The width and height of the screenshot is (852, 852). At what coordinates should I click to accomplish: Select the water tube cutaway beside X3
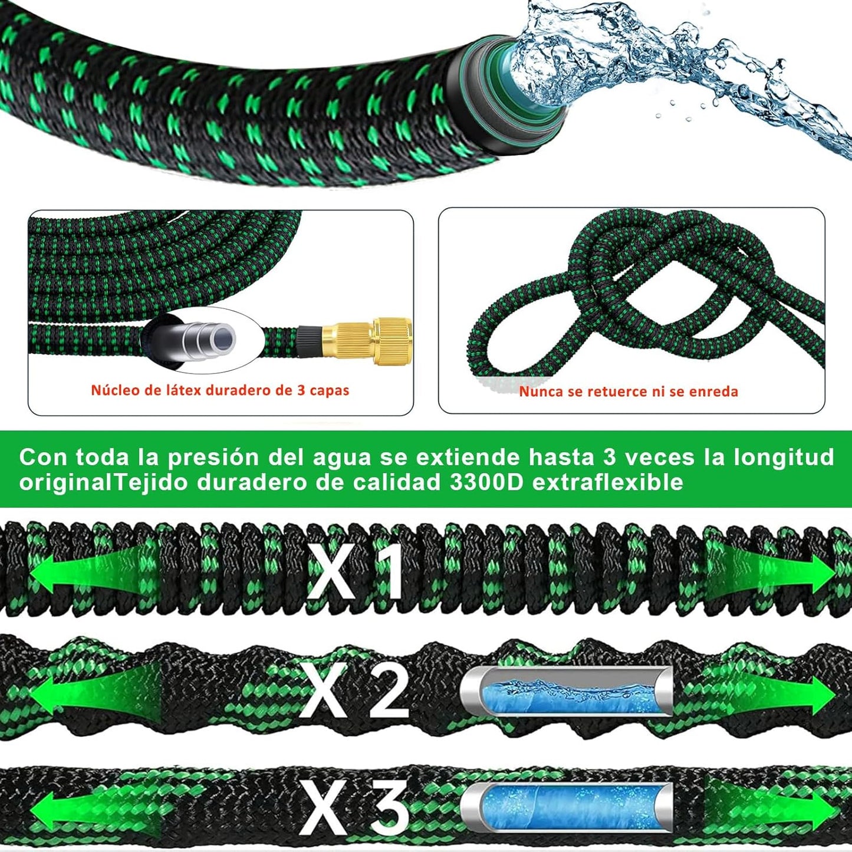pyautogui.click(x=567, y=807)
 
